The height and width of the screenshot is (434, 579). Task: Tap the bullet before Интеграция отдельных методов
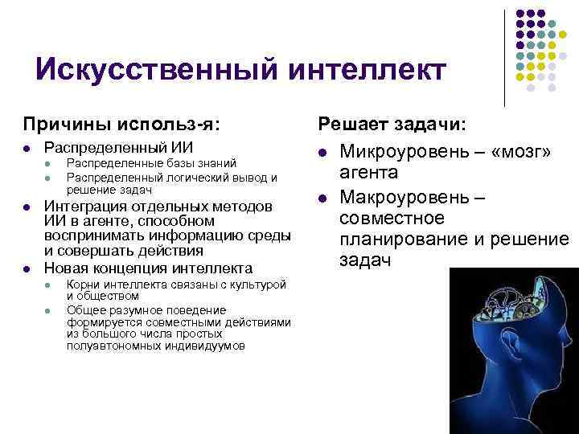coord(27,207)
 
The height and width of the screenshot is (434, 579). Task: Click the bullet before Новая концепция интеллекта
coord(27,268)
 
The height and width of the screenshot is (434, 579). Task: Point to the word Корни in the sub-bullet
coord(83,285)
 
